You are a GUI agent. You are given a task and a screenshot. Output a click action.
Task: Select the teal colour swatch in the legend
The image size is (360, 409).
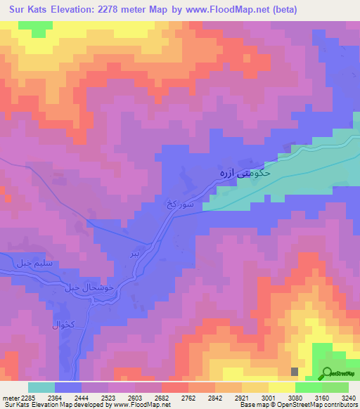tap(41, 387)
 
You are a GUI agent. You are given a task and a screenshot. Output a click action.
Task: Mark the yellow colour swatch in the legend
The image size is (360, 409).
tap(281, 387)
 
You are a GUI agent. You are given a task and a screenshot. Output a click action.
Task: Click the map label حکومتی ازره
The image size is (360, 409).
tap(242, 172)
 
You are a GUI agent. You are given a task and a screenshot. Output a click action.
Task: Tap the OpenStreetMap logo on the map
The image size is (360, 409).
tap(339, 373)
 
